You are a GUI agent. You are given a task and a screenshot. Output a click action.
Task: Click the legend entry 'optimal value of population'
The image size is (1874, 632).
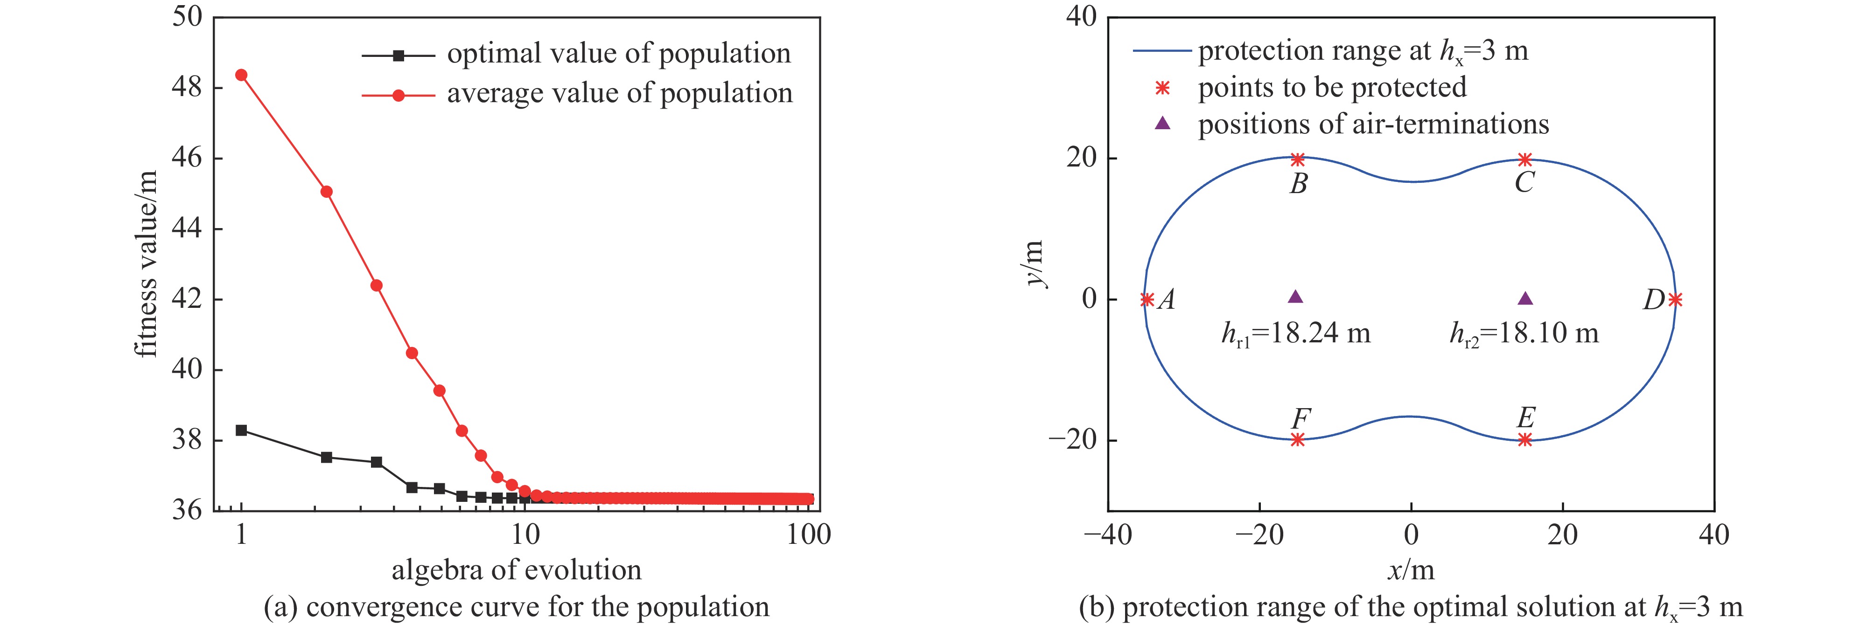coord(618,54)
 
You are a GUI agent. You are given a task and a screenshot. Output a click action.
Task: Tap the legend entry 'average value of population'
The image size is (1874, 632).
coord(619,94)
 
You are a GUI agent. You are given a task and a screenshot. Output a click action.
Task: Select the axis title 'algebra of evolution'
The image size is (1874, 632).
coord(517,570)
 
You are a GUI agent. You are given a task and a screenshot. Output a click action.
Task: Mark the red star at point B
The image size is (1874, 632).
coord(1298,159)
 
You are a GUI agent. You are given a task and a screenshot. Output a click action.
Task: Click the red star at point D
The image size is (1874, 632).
coord(1675,299)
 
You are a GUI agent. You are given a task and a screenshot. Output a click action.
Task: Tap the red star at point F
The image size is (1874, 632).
coord(1298,439)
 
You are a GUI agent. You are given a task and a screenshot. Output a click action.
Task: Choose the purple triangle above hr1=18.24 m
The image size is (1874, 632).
coord(1296,297)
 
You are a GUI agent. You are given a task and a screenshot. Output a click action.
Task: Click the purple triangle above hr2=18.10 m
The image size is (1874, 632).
coord(1525,298)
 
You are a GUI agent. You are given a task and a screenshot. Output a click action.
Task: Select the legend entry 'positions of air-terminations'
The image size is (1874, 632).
coord(1373,125)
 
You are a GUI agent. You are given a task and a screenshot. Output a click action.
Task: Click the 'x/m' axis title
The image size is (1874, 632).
coord(1411,570)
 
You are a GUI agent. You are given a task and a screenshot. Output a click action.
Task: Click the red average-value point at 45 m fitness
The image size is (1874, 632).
coord(327,192)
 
